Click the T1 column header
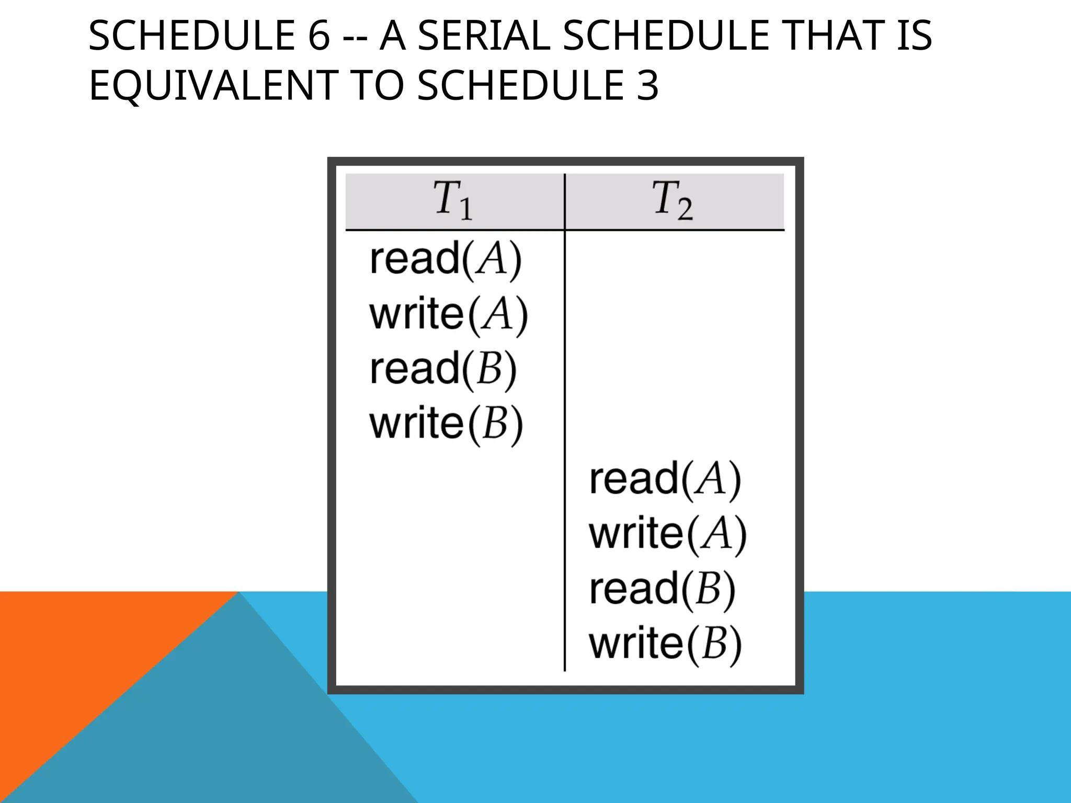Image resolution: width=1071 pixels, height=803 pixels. coord(453,200)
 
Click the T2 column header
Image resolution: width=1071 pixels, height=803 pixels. coord(673,200)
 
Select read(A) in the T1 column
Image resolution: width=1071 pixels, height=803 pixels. coord(446,259)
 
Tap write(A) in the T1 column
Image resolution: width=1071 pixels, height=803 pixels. coord(449,315)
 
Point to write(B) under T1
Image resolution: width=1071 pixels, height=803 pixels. coord(446,424)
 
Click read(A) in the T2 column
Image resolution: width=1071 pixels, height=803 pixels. coord(665,479)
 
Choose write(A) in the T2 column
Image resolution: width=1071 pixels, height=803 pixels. coord(668,534)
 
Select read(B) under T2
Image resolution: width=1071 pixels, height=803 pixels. coord(663,589)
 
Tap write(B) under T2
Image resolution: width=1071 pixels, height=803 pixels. coord(665,644)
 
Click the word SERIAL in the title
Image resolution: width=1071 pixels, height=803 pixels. coord(484,36)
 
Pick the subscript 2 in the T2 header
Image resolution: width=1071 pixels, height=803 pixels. coord(685,209)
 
